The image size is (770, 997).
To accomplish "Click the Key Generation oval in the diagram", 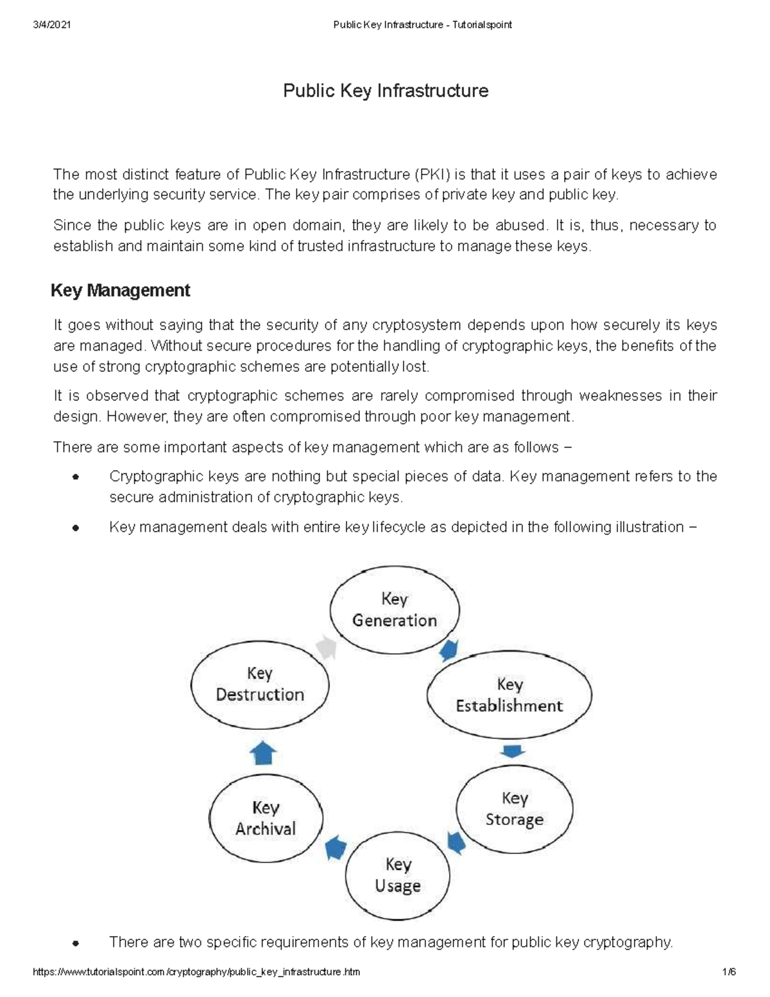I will tap(394, 610).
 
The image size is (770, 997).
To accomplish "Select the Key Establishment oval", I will tap(509, 695).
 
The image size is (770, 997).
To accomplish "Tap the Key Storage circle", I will tap(514, 809).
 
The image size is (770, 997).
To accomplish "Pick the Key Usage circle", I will tap(398, 876).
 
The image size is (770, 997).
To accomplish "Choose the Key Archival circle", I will tap(266, 818).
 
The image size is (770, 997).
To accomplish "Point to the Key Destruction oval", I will tap(260, 684).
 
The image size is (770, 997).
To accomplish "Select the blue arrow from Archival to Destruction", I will tap(262, 752).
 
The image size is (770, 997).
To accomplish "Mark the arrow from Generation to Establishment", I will tap(449, 650).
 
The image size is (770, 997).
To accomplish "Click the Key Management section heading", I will tap(120, 291).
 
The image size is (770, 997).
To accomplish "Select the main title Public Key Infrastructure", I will tap(386, 91).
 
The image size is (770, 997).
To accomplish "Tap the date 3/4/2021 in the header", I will tap(51, 25).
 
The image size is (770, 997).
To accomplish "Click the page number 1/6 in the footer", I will tap(728, 972).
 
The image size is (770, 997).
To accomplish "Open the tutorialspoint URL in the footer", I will tap(196, 972).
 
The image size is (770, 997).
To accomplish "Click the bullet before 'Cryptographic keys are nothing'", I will tap(76, 478).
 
